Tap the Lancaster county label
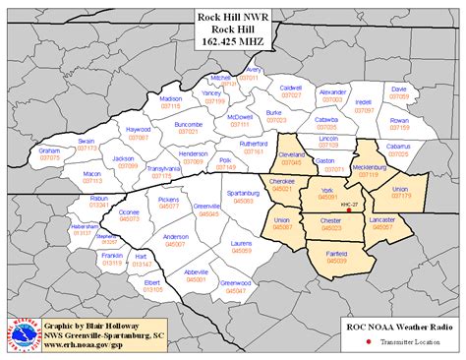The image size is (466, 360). coord(380,221)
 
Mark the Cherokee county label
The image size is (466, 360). coord(282,182)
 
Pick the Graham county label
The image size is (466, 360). coord(50,151)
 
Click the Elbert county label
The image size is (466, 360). coord(152,282)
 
